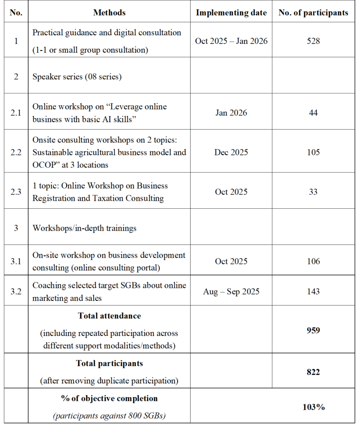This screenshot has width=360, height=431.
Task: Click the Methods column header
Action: pos(109,13)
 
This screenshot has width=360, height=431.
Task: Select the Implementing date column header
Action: pos(231,13)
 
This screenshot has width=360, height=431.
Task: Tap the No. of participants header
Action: pos(313,13)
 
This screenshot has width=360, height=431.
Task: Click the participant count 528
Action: pos(313,41)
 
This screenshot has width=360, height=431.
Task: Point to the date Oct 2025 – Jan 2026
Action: pos(231,41)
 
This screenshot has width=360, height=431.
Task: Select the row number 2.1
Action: pos(16,112)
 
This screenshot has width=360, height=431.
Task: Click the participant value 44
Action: pos(313,112)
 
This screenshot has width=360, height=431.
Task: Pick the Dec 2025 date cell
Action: pos(231,152)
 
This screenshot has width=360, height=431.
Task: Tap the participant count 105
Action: pos(313,152)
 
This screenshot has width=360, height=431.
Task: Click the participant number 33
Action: pos(313,192)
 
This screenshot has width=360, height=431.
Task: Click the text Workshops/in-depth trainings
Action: pos(85,228)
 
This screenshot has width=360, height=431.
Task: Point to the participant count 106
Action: pos(313,261)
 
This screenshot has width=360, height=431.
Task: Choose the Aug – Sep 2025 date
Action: pos(231,291)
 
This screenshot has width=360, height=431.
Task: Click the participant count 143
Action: pos(313,291)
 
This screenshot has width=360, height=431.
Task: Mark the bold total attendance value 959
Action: pos(313,330)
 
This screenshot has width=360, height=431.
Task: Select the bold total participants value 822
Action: pos(313,372)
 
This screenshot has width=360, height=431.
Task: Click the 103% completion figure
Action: pos(314,407)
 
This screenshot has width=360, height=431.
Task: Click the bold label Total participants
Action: pos(109,363)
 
